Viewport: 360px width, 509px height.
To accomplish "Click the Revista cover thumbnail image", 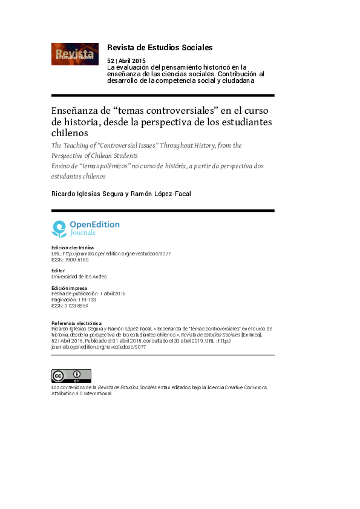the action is [74, 54].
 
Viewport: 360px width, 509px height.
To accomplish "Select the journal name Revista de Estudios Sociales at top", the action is [159, 47].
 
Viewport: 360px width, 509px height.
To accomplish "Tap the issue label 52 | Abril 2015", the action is [126, 61].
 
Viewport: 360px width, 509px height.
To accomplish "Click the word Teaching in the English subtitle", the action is [84, 145].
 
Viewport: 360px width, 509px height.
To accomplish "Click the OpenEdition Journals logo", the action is [85, 228].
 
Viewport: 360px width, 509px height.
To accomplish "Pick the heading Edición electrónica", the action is [73, 248].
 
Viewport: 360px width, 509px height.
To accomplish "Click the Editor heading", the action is [59, 271].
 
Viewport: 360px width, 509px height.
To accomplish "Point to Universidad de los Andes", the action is [79, 277].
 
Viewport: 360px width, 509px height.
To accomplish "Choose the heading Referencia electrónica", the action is [76, 324].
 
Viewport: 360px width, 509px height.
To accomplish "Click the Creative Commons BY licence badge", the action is [71, 376].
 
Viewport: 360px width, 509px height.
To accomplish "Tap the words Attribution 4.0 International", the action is [82, 393].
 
